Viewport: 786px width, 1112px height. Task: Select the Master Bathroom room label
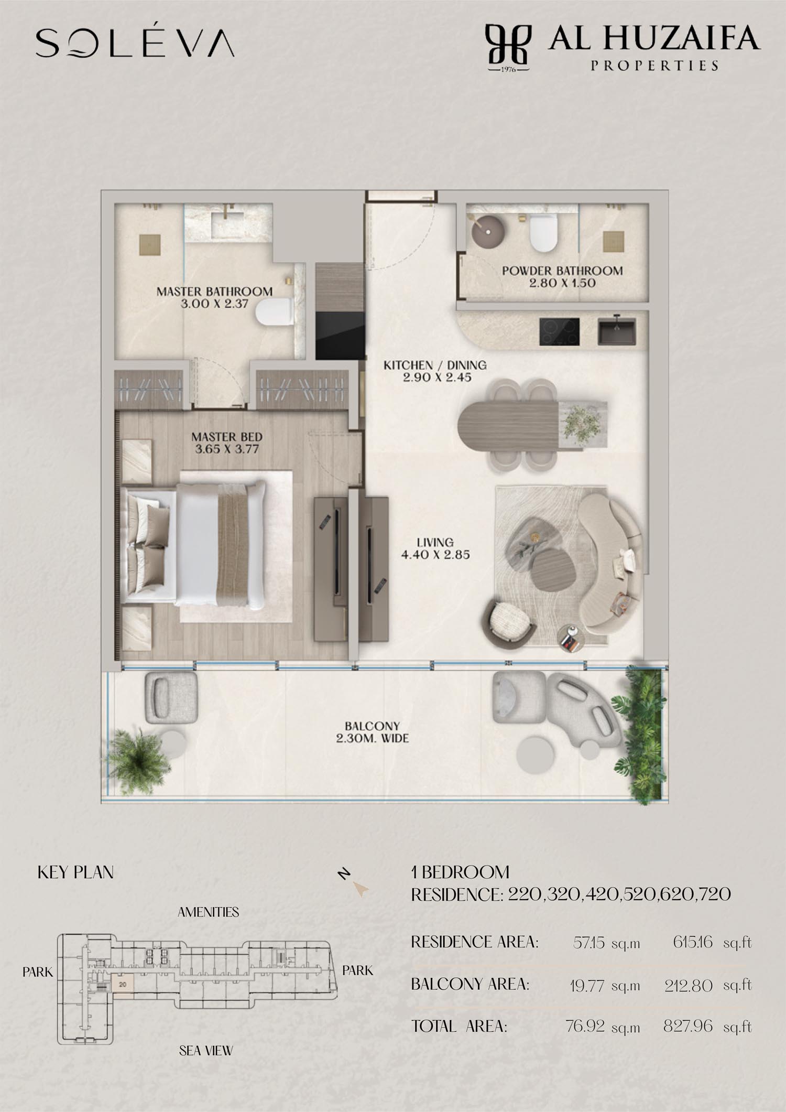pos(214,291)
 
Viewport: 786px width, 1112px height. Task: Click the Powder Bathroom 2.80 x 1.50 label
pos(562,277)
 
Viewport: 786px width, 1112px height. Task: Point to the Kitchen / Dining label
pos(435,365)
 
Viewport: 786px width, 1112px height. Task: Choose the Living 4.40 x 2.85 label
pos(435,548)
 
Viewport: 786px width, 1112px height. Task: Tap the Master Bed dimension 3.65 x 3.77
pos(227,449)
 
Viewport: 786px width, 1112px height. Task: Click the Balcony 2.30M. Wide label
pos(372,732)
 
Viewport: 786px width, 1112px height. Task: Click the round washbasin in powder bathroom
pos(488,231)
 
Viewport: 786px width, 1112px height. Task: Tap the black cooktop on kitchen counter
pos(559,332)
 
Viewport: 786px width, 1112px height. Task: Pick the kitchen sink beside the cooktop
pos(617,332)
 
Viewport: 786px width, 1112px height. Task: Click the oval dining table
pos(507,424)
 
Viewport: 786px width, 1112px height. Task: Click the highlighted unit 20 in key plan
pos(122,984)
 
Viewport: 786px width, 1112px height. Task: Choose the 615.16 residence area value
pos(693,942)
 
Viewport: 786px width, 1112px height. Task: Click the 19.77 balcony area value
pos(588,986)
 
